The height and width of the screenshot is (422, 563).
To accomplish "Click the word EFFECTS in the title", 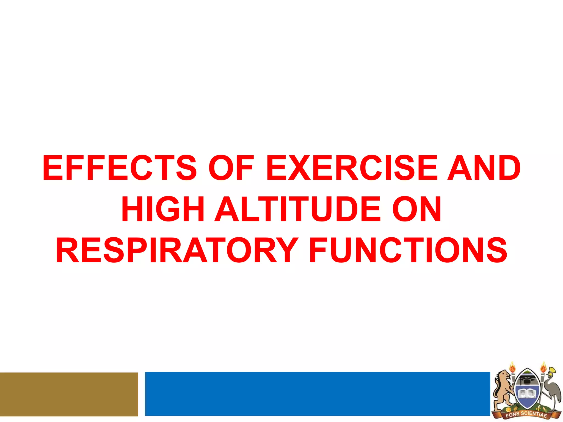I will tap(119, 168).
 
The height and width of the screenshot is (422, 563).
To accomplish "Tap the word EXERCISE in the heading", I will tap(352, 168).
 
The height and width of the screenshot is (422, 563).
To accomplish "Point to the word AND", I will tap(484, 168).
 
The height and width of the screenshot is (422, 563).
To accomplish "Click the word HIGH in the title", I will tap(162, 209).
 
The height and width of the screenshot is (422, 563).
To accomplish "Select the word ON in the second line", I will tap(416, 209).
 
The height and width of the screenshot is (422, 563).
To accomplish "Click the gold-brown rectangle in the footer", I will tap(69, 394).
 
